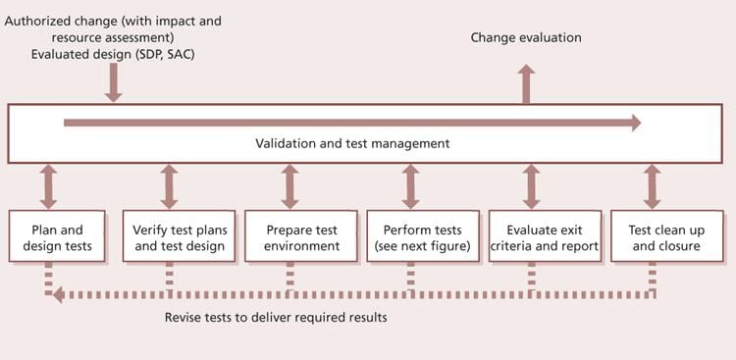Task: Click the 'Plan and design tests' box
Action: click(x=57, y=236)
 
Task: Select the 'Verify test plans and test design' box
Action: click(x=179, y=236)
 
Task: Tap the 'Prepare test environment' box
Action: click(x=301, y=236)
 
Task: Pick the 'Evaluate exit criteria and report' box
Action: click(x=545, y=236)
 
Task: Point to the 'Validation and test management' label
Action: click(x=352, y=143)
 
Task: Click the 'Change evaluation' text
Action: click(x=526, y=37)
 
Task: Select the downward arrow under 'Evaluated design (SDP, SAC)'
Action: click(x=114, y=84)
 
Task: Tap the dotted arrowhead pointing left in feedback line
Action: click(x=58, y=292)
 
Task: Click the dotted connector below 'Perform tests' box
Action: click(x=411, y=278)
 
